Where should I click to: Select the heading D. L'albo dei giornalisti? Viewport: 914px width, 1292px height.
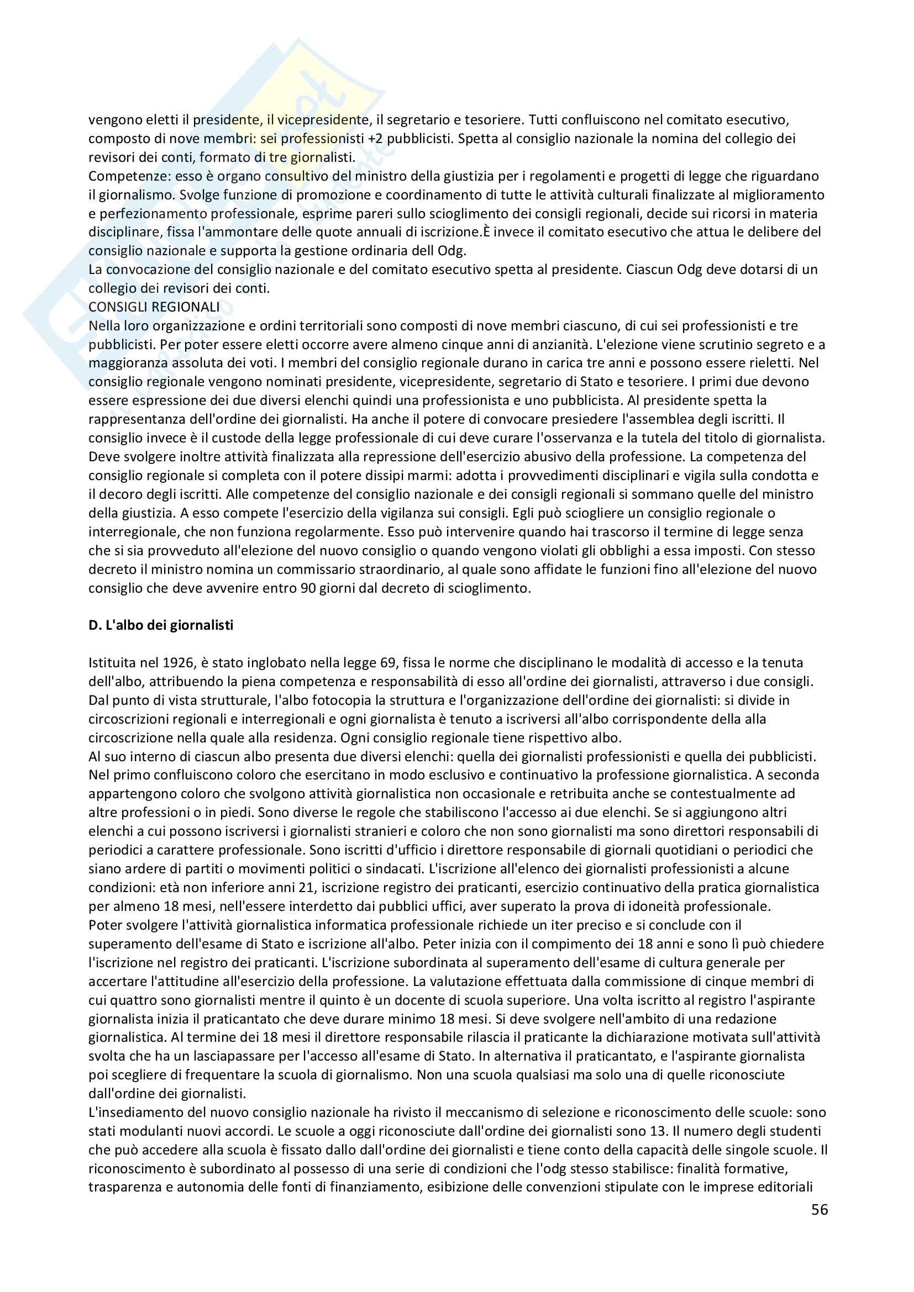[161, 625]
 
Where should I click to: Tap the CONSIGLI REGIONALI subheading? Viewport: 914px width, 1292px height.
[154, 307]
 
